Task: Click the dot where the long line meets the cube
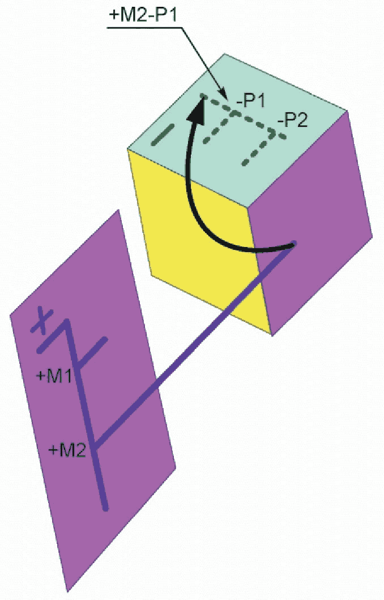tap(294, 245)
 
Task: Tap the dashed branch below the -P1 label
tap(221, 127)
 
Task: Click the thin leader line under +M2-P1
tap(198, 57)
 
